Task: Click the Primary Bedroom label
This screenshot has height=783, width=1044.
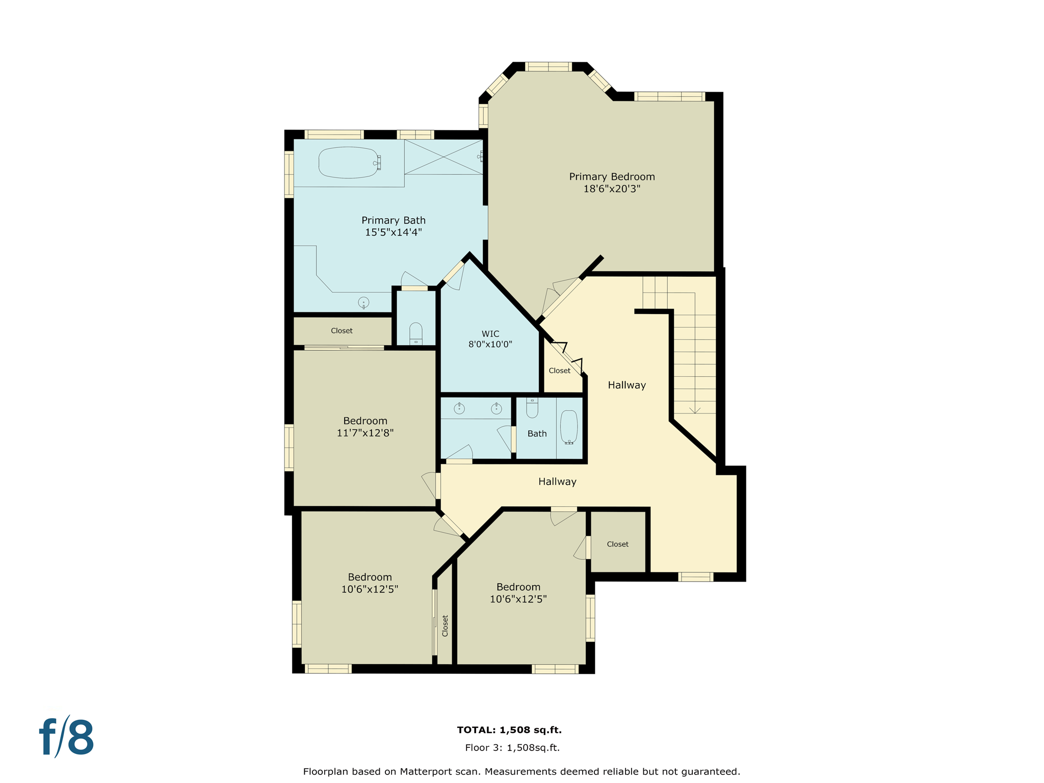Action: [x=612, y=177]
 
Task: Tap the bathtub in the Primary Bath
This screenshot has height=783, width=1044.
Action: [x=349, y=163]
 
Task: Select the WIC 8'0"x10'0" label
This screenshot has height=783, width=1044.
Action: [x=490, y=339]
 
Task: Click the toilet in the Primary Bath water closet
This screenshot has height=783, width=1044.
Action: [x=416, y=334]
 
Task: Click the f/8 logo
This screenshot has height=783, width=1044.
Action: [x=67, y=737]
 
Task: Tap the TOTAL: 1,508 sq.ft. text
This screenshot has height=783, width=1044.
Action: [x=509, y=730]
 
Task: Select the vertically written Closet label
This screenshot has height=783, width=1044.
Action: [x=445, y=625]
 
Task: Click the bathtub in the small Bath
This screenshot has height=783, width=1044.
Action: [x=569, y=427]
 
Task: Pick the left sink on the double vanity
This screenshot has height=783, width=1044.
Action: [x=459, y=408]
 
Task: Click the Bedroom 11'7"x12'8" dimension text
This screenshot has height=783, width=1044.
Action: [x=365, y=433]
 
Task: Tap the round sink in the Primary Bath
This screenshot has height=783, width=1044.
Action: [x=363, y=302]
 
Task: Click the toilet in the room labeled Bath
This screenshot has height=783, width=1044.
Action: [x=532, y=408]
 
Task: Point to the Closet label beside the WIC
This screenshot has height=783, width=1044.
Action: [x=559, y=371]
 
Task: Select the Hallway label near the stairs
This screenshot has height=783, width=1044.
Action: [x=627, y=385]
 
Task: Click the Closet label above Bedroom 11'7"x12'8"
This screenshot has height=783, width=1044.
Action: [x=342, y=331]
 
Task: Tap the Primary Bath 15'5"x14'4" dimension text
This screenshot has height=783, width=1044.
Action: [x=393, y=232]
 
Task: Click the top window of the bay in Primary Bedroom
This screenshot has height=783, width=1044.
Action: [x=548, y=67]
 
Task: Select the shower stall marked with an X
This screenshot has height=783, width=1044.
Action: [x=443, y=157]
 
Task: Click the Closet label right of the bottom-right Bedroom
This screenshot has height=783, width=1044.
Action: [x=617, y=544]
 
